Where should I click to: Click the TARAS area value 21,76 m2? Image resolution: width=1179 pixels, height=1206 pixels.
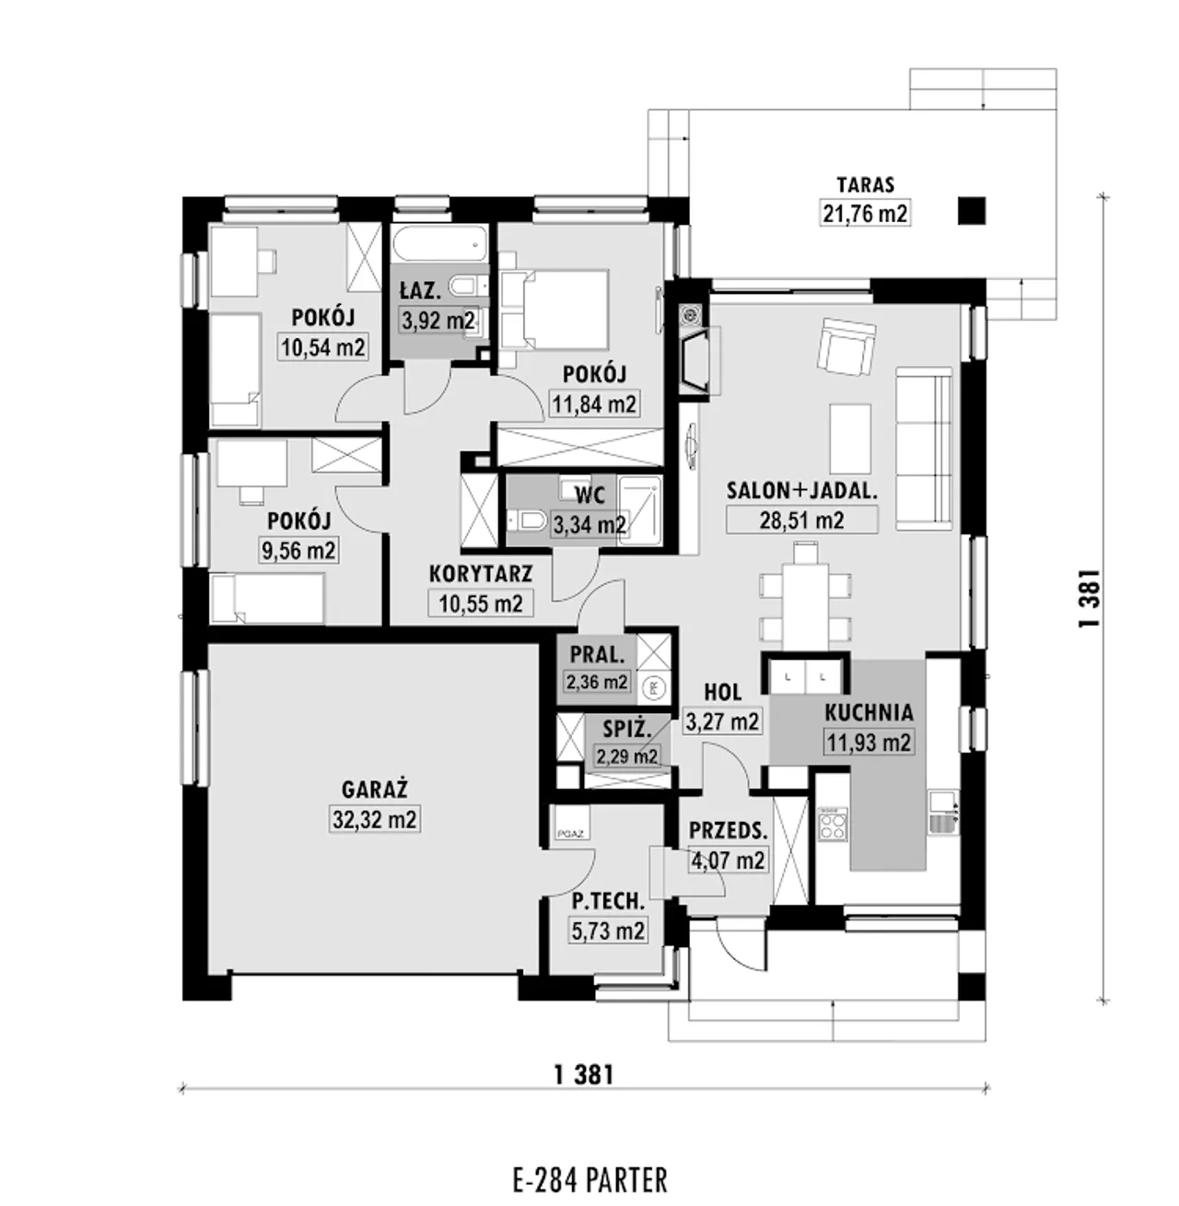tap(865, 213)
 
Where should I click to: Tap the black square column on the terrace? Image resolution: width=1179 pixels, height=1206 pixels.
tap(972, 211)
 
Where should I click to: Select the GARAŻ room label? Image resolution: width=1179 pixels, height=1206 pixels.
tap(374, 790)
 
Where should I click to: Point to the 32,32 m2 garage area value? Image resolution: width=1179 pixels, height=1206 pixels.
tap(374, 819)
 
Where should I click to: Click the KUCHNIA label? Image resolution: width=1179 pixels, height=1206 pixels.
tap(869, 713)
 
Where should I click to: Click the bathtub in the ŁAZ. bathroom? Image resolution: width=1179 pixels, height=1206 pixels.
tap(438, 244)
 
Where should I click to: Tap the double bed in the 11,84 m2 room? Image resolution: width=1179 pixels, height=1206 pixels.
tap(555, 309)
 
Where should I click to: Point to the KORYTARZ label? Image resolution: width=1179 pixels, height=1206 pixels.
tap(481, 574)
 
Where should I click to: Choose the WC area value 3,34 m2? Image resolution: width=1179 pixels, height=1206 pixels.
tap(589, 525)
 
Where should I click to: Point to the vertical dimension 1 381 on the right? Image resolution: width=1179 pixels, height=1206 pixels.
tap(1090, 598)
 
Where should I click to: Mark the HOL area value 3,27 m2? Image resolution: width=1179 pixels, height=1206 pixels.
tap(722, 721)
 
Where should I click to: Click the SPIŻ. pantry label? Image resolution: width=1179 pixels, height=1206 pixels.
tap(627, 730)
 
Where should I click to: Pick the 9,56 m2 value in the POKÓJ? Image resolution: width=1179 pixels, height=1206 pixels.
tap(298, 550)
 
